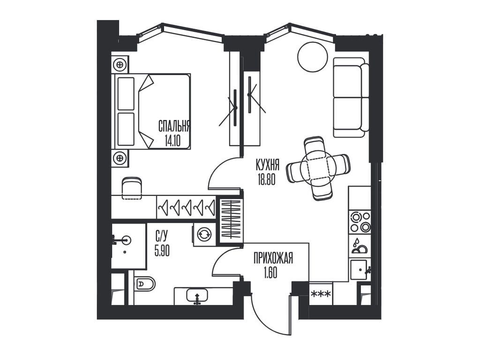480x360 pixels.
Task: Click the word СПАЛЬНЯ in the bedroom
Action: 174,126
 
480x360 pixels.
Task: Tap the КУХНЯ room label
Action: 268,165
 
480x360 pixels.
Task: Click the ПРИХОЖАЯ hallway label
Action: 273,258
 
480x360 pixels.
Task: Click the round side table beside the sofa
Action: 313,57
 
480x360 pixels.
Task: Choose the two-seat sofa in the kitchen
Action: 349,97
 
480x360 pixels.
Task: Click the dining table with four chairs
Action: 318,168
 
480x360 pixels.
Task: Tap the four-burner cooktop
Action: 360,222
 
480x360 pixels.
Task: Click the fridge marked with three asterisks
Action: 321,294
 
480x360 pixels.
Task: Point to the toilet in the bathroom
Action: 144,283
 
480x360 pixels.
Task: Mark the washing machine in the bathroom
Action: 204,234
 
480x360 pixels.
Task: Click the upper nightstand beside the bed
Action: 120,63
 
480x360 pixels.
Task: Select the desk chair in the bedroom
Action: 132,188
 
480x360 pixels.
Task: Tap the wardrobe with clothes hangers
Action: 186,207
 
